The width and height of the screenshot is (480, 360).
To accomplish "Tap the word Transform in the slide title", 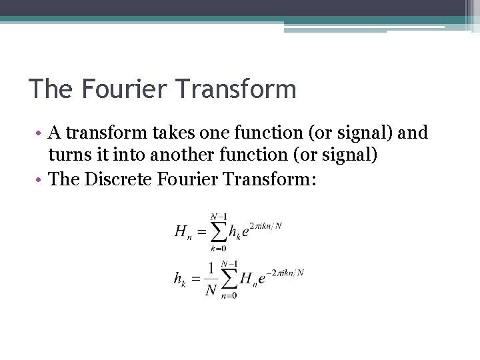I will (230, 89).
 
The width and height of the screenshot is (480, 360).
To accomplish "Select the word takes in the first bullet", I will (171, 133).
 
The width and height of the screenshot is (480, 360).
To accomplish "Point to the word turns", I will (69, 155).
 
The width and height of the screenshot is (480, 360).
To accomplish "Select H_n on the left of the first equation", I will (181, 233).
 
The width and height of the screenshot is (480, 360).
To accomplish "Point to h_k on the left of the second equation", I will (179, 280).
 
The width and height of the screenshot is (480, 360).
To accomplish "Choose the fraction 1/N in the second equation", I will (211, 279).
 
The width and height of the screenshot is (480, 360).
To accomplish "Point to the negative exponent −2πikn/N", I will (285, 273).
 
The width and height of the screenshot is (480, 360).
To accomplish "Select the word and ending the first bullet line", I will (413, 133).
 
